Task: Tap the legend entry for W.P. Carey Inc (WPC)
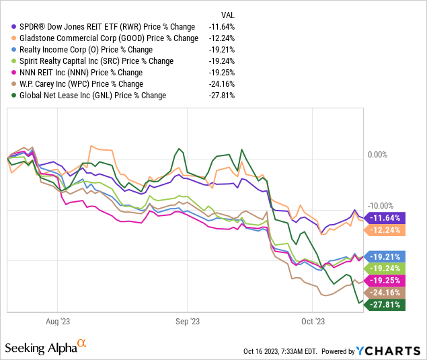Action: (81, 84)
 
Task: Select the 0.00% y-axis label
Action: (377, 155)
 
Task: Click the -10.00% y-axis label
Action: (379, 206)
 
